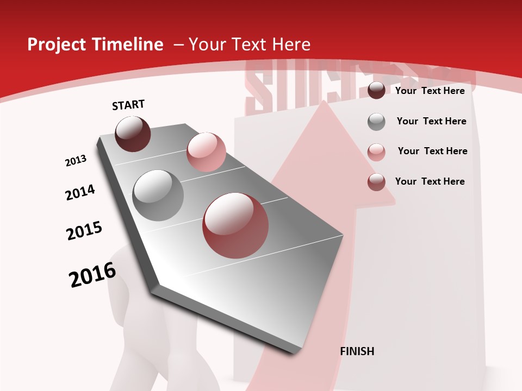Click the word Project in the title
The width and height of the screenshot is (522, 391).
click(x=56, y=45)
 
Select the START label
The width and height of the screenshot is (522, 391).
click(x=128, y=105)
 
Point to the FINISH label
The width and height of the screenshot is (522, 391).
click(x=357, y=351)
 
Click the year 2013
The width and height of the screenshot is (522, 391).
click(x=76, y=161)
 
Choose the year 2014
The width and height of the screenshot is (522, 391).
click(x=80, y=192)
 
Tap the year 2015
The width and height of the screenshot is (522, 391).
click(x=84, y=231)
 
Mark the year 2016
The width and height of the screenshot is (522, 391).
click(x=92, y=275)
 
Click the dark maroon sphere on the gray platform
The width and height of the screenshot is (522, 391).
click(x=133, y=134)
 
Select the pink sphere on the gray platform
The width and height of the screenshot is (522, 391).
click(x=206, y=152)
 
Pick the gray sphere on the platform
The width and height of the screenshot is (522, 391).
click(x=158, y=195)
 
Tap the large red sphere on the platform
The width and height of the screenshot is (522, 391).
click(x=235, y=225)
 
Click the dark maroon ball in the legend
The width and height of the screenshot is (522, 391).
click(x=376, y=90)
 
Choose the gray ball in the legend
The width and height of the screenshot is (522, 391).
click(x=376, y=122)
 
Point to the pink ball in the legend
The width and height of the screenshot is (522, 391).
click(x=376, y=152)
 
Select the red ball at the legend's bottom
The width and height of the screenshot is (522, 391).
click(x=376, y=182)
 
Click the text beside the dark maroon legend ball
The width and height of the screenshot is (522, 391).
click(x=430, y=91)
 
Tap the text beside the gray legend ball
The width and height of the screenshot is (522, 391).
click(x=432, y=121)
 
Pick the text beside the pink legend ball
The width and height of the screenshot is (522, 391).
click(x=433, y=151)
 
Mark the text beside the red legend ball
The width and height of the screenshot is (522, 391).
click(x=430, y=181)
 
